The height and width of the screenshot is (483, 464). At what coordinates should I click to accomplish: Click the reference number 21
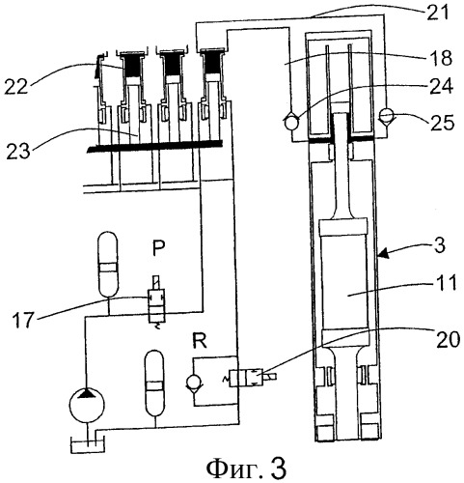pyautogui.click(x=437, y=13)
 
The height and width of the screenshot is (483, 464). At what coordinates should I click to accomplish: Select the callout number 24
pyautogui.click(x=441, y=86)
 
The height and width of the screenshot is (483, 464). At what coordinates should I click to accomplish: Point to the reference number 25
pyautogui.click(x=443, y=123)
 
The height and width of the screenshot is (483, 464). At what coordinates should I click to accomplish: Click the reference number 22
pyautogui.click(x=15, y=86)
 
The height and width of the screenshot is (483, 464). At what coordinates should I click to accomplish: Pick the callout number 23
pyautogui.click(x=18, y=151)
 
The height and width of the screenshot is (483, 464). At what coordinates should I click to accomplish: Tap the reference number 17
pyautogui.click(x=23, y=319)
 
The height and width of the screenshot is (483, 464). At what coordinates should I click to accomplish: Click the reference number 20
pyautogui.click(x=448, y=339)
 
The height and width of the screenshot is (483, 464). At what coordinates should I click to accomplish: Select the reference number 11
pyautogui.click(x=446, y=283)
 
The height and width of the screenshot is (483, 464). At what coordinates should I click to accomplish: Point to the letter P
pyautogui.click(x=158, y=247)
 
